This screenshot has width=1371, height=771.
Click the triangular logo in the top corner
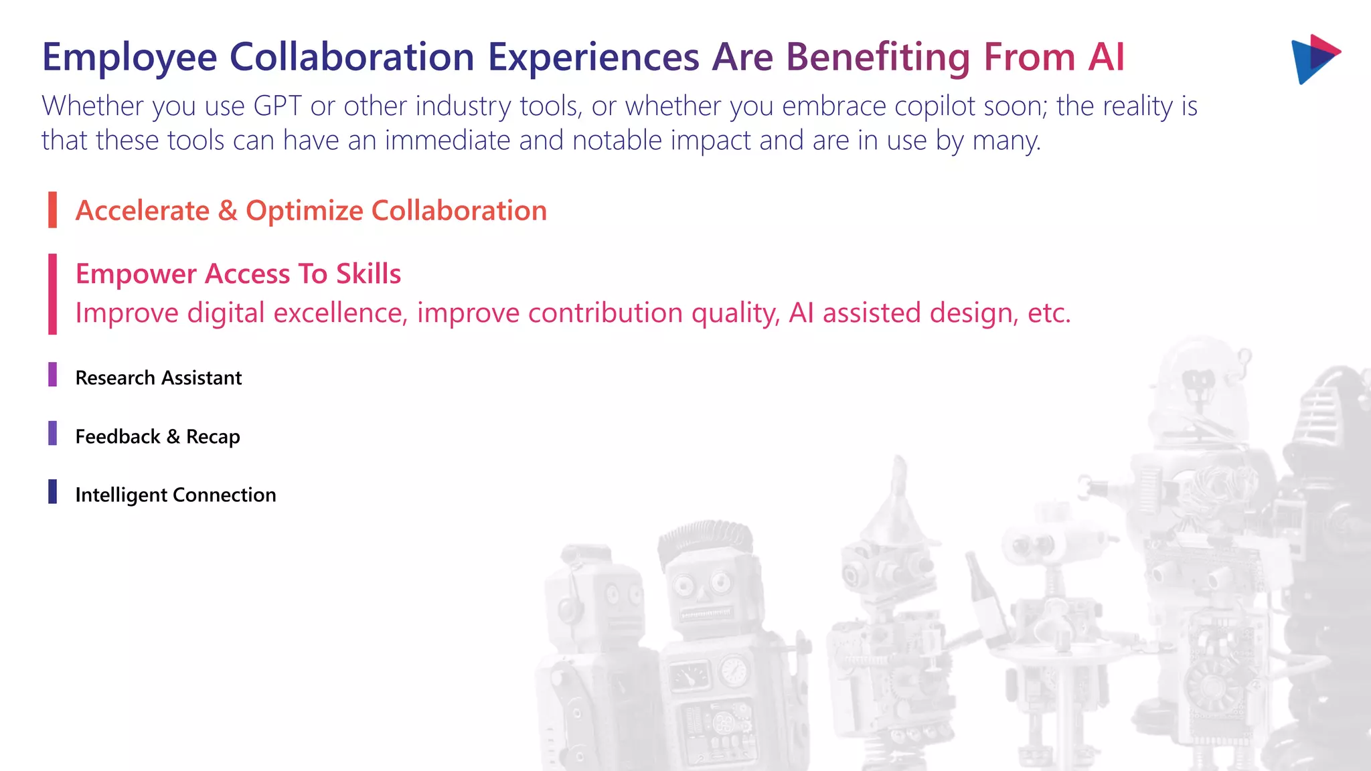tap(1315, 58)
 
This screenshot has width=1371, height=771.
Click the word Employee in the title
tap(129, 58)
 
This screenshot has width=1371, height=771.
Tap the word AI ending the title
tap(1106, 58)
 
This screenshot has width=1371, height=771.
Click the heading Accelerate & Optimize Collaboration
tap(311, 211)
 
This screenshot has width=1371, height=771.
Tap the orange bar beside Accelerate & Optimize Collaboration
tap(52, 209)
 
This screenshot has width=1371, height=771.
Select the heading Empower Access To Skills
tap(238, 274)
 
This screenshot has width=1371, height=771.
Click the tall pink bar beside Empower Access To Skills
tap(52, 294)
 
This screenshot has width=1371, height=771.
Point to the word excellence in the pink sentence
tap(340, 313)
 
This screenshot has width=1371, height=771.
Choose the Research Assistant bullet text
tap(158, 378)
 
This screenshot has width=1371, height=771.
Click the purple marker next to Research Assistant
tap(52, 375)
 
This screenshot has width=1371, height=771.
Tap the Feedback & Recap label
tap(157, 437)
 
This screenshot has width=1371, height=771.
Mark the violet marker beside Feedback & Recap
tap(52, 433)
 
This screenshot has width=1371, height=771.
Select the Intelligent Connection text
tap(175, 495)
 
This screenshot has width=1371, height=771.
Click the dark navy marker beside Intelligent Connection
tap(52, 491)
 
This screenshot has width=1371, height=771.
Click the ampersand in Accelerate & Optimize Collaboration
tap(228, 211)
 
